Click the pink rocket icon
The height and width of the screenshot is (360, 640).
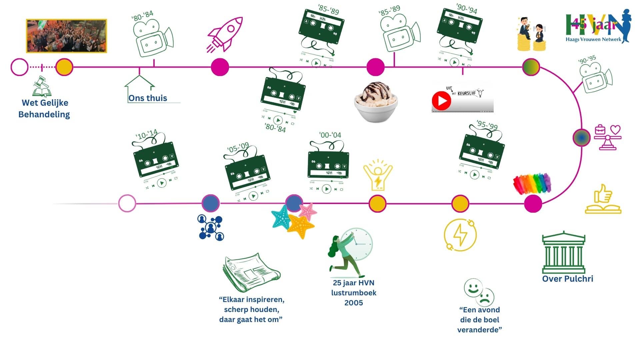coord(225,34)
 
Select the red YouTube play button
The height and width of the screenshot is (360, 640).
coord(441,100)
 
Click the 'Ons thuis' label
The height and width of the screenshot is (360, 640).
coord(148,98)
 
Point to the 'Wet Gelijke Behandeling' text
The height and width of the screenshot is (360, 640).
coord(44,109)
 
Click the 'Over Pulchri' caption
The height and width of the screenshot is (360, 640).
coord(568,279)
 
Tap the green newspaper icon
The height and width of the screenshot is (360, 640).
coord(251,271)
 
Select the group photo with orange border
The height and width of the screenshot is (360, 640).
coord(67,36)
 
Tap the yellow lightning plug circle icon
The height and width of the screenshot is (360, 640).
coord(460,235)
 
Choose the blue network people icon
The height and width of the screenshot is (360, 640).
coord(211,227)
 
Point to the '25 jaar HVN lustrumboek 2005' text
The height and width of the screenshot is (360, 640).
coord(354,293)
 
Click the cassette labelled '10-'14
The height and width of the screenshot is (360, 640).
coord(156,160)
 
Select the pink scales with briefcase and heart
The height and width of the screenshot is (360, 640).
coord(608,137)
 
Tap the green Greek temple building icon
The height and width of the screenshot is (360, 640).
coord(564,253)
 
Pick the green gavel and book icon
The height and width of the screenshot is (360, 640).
coord(42,87)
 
